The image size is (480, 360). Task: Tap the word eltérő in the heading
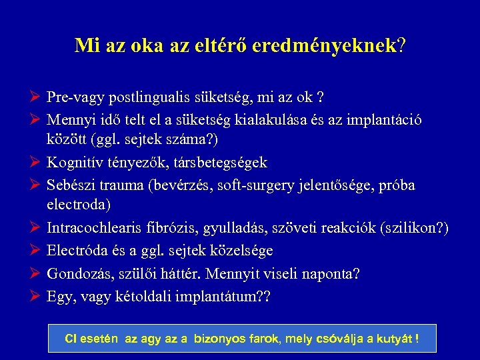pos(253,45)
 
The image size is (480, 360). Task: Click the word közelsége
pos(238,250)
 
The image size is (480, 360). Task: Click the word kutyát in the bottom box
pos(395,339)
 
